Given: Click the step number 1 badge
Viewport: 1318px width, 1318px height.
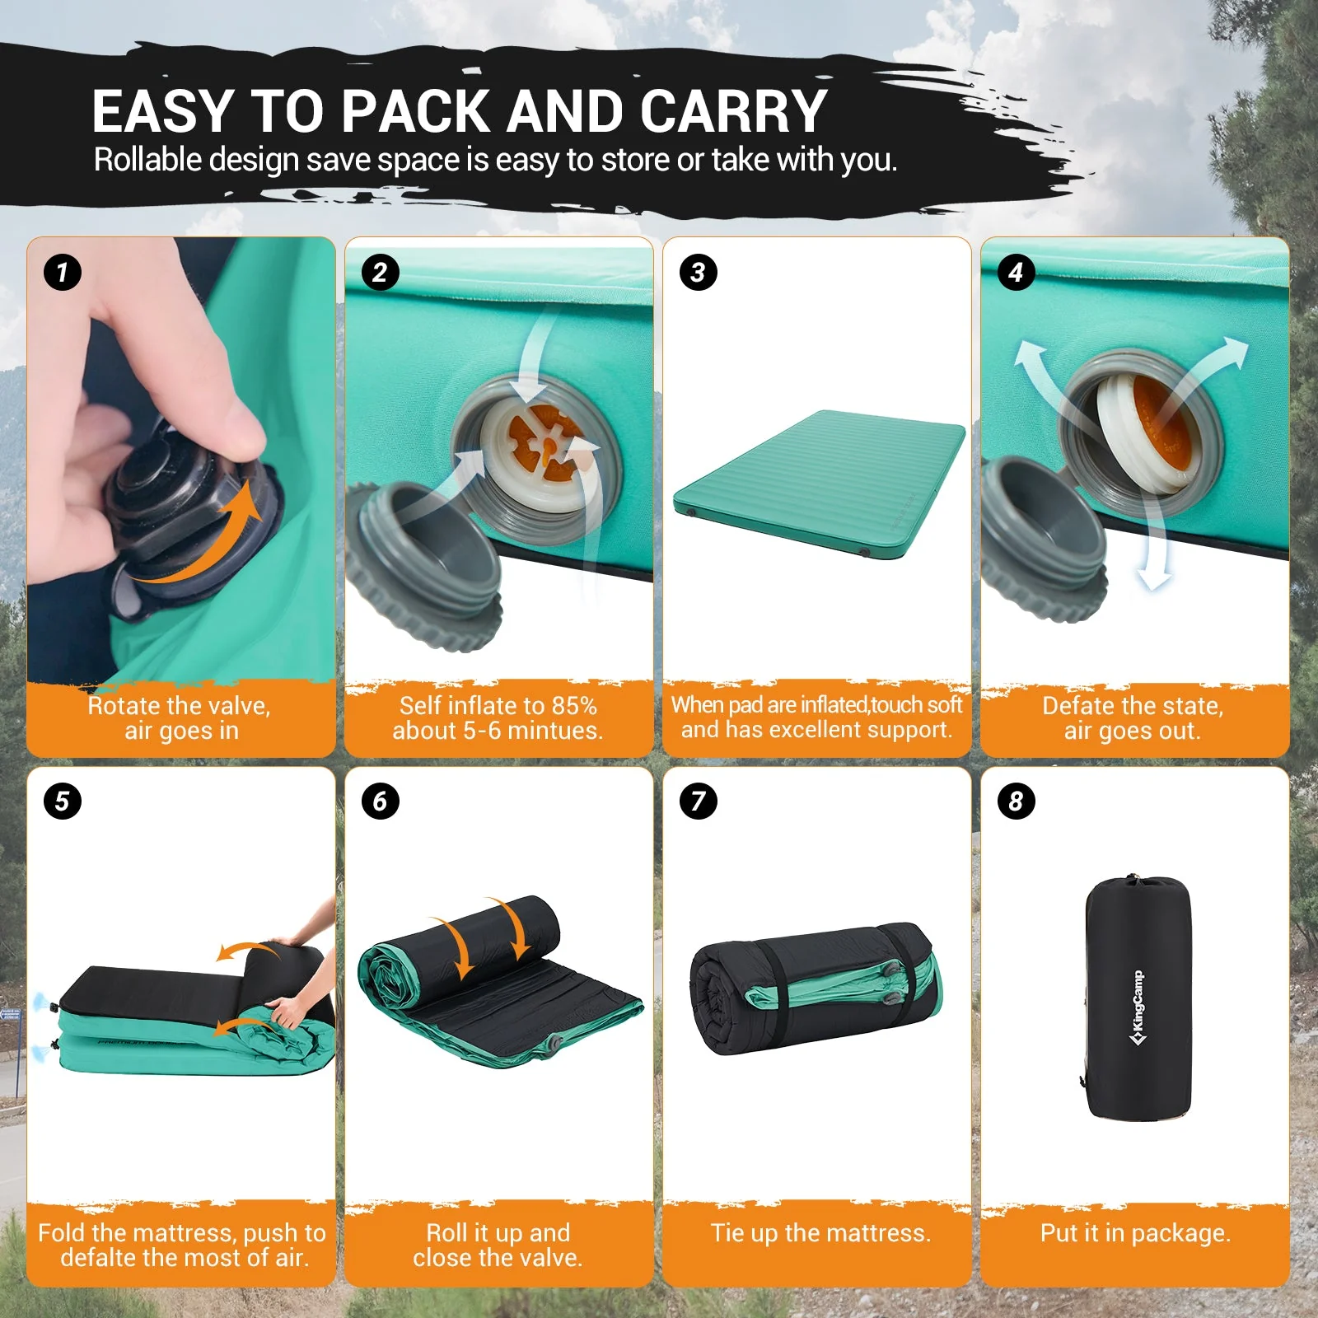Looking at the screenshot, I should (63, 273).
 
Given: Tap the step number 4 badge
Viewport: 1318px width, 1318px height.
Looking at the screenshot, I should (1016, 273).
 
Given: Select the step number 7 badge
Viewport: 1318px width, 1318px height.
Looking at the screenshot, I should (699, 801).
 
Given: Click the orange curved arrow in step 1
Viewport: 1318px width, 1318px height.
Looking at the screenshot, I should (206, 535).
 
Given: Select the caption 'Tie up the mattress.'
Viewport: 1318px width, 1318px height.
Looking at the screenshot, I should (820, 1233).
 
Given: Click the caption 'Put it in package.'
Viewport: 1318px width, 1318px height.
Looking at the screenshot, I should (1135, 1233).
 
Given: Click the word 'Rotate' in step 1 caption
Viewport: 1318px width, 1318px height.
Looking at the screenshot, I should (123, 706).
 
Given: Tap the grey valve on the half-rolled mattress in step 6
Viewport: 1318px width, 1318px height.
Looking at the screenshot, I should (556, 1044).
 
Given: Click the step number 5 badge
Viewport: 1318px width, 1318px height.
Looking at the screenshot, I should (63, 801).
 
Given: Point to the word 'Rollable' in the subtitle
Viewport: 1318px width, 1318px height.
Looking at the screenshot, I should (147, 160).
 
